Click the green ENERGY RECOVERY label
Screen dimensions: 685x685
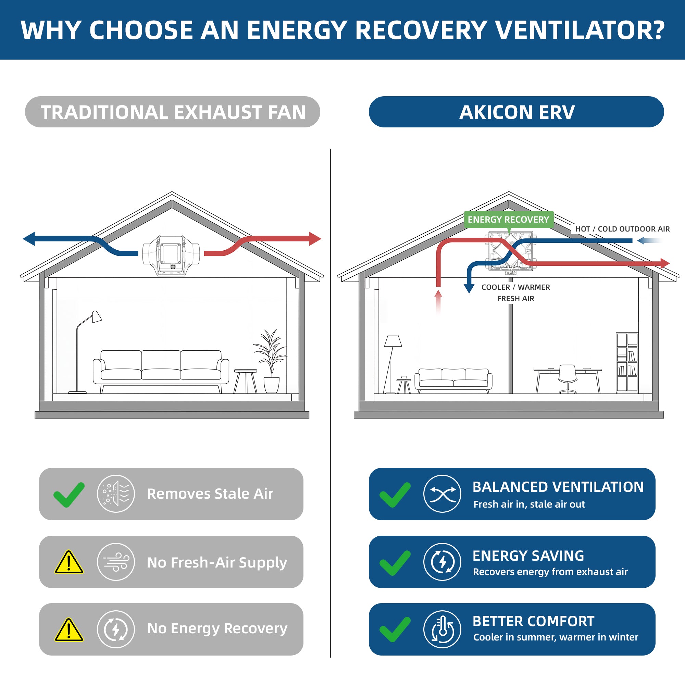pos(508,220)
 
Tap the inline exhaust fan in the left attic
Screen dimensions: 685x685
pos(171,255)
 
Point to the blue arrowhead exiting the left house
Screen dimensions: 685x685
pos(29,239)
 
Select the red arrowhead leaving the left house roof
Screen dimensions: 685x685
pos(315,239)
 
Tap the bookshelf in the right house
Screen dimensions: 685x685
pos(627,363)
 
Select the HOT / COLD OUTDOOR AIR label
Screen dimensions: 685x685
pos(622,229)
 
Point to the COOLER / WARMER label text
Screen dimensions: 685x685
pos(515,287)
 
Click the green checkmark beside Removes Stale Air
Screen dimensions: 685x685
pos(69,495)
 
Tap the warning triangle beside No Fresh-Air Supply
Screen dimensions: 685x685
pos(69,562)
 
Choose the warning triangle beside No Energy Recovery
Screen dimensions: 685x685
pos(69,630)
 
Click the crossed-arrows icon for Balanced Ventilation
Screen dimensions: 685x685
pos(442,494)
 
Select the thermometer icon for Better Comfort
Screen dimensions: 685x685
pos(442,629)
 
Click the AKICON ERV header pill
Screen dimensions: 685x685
pos(516,112)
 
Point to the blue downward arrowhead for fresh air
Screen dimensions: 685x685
pos(469,288)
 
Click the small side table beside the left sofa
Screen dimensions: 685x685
pos(245,382)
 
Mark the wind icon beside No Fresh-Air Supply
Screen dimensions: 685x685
pos(116,562)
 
